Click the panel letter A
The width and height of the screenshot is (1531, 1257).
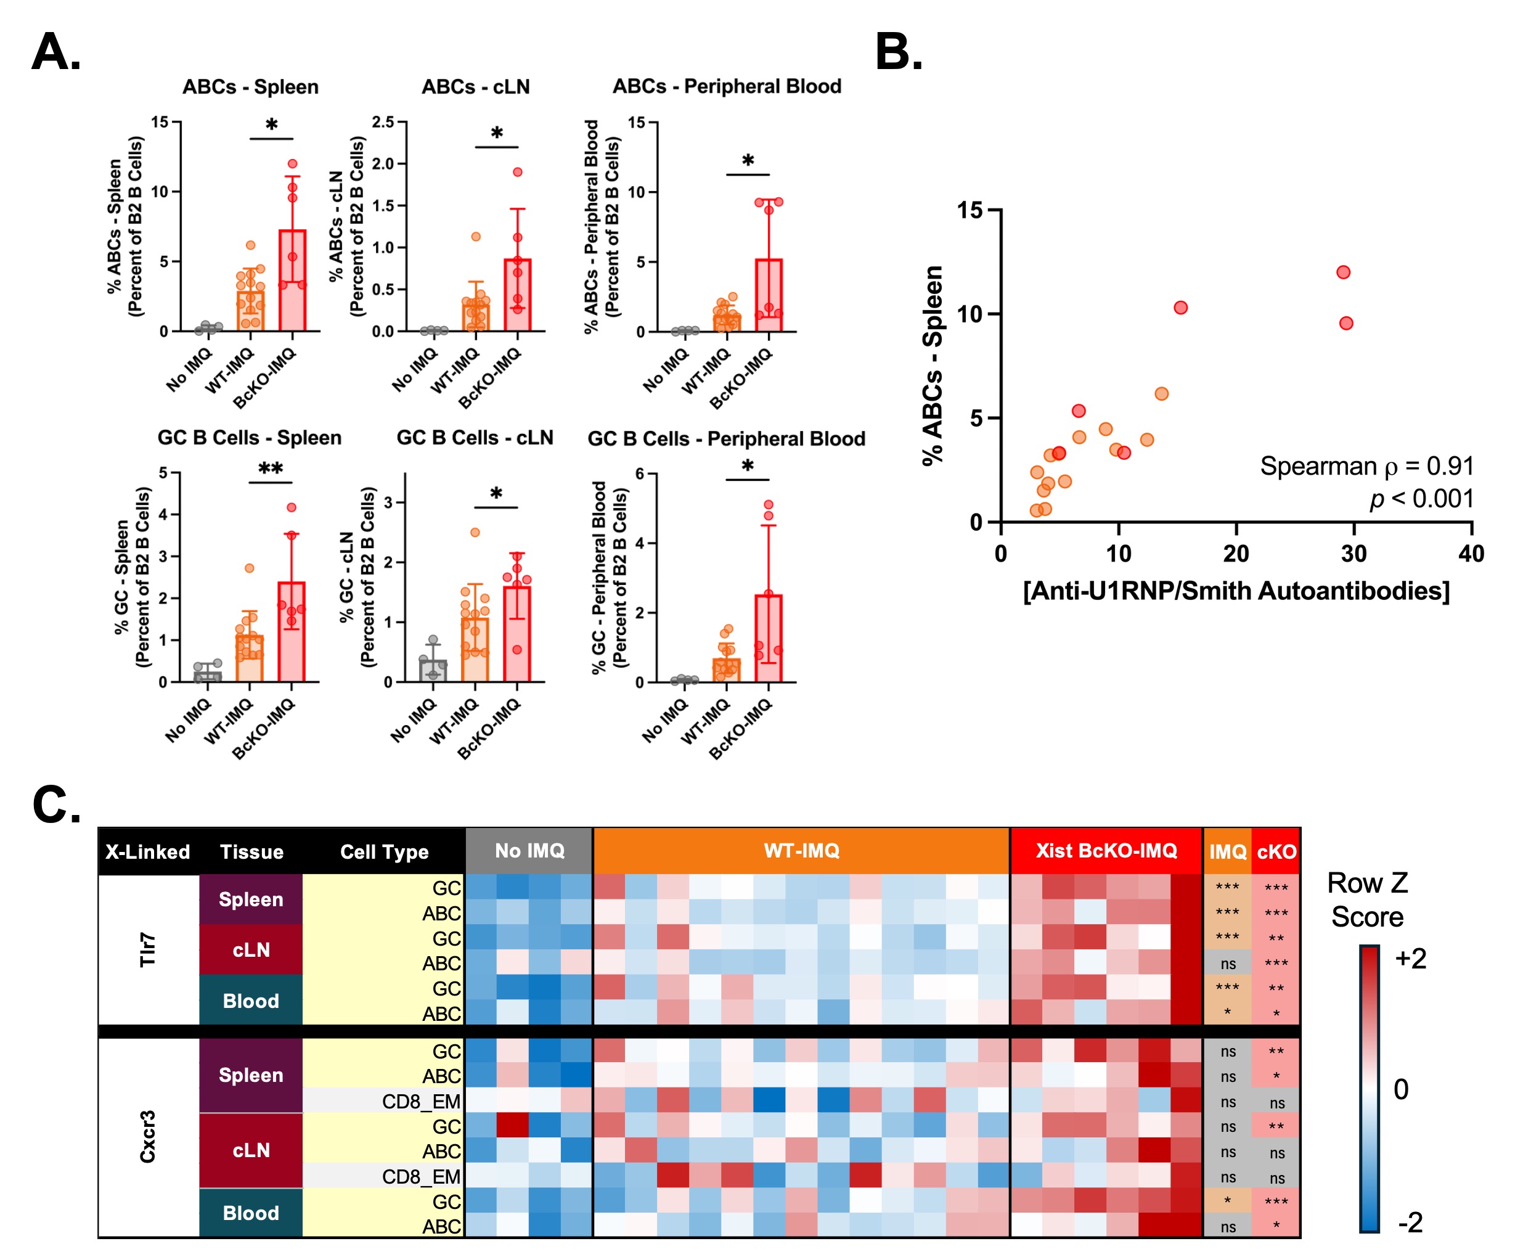(x=57, y=52)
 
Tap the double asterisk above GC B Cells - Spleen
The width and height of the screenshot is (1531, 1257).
(x=271, y=469)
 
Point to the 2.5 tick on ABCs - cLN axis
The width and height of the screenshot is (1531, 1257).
(x=383, y=121)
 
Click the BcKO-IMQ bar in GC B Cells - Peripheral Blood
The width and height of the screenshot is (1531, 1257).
(x=769, y=638)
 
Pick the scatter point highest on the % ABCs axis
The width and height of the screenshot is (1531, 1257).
(x=1343, y=272)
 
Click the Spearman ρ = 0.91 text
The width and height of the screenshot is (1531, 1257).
(x=1366, y=466)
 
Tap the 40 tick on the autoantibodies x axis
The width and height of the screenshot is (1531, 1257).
(x=1471, y=554)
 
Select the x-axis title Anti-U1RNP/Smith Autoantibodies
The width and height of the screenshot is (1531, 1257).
(x=1236, y=591)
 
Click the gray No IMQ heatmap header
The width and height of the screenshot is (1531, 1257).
(x=529, y=851)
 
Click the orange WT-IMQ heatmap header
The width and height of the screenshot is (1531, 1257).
(x=801, y=851)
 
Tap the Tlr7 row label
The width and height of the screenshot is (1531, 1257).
(x=148, y=949)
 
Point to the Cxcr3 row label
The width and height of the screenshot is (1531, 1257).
(x=148, y=1137)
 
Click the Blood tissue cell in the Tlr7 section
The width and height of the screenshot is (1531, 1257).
(x=250, y=1001)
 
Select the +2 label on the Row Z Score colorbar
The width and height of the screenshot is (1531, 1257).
(x=1410, y=959)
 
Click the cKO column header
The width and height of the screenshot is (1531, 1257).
(x=1276, y=851)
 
